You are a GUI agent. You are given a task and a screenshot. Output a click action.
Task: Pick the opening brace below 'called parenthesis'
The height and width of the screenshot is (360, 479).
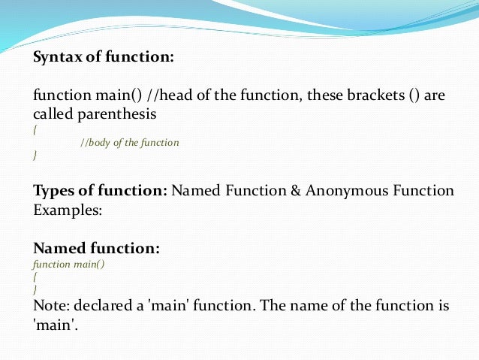[35, 129]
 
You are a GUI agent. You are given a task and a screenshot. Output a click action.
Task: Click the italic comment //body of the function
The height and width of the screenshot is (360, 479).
[129, 142]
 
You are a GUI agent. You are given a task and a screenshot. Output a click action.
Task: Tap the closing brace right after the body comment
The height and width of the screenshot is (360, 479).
[35, 155]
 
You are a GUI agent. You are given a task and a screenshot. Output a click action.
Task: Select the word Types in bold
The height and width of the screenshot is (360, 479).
[53, 191]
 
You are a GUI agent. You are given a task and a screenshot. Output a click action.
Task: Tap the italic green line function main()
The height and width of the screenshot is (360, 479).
[66, 265]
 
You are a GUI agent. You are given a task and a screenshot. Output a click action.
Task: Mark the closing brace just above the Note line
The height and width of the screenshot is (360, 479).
[35, 289]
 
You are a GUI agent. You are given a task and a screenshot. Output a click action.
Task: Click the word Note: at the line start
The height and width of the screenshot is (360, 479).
[51, 307]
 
